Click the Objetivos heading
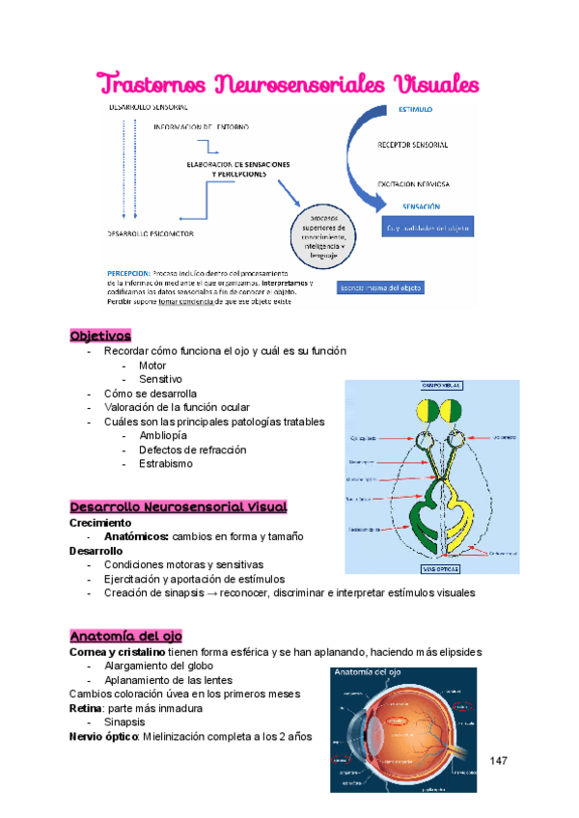[x=100, y=336]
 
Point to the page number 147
[x=498, y=762]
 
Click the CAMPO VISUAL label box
[x=430, y=385]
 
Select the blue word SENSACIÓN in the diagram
[x=420, y=206]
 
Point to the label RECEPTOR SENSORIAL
[x=412, y=145]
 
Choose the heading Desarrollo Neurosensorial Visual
[x=179, y=506]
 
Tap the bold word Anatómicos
[x=136, y=536]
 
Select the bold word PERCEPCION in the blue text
[x=128, y=272]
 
